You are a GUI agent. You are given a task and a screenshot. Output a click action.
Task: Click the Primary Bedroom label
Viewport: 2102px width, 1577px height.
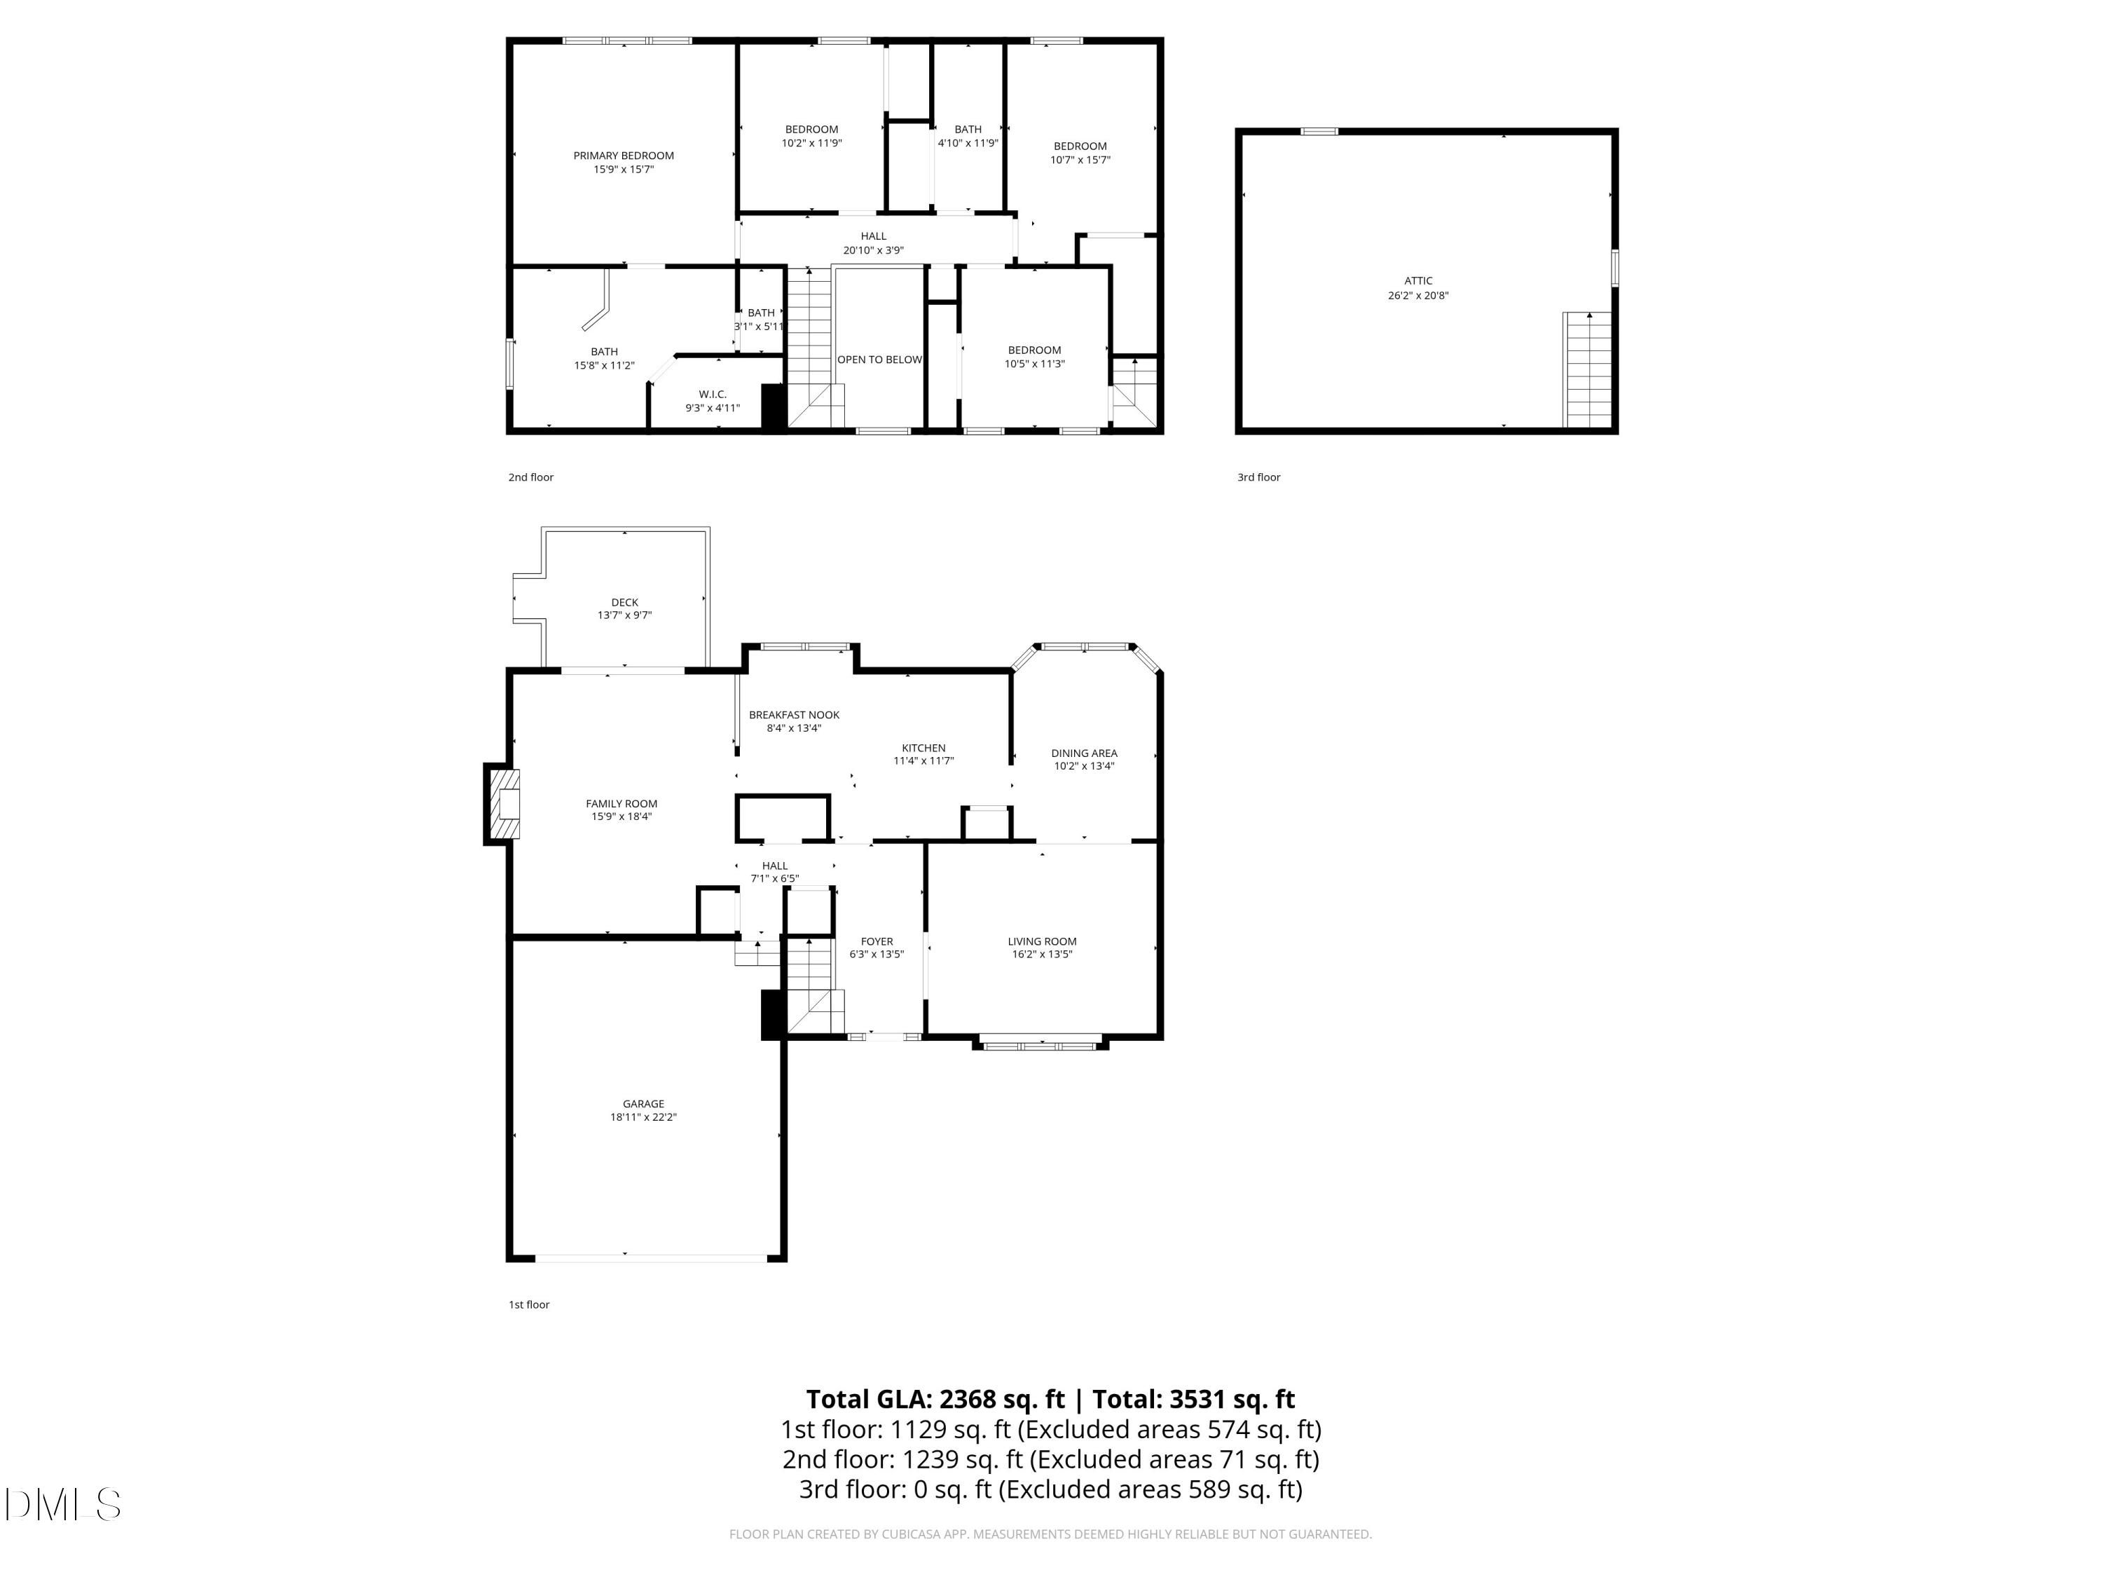tap(624, 156)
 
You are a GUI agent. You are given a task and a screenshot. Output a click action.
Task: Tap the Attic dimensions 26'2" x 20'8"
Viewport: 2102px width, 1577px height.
tap(1418, 296)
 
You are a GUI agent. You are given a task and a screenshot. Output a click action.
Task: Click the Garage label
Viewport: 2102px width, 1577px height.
tap(643, 1104)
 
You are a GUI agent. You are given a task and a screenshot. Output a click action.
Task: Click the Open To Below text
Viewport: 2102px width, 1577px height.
tap(879, 360)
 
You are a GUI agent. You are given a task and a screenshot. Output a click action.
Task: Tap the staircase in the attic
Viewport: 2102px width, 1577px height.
tap(1588, 371)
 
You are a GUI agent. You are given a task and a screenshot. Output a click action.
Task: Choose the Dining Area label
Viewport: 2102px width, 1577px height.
tap(1083, 753)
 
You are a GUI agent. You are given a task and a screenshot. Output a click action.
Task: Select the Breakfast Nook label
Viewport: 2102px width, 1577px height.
tap(793, 715)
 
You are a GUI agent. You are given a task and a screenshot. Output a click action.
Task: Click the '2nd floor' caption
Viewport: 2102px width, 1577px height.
tap(530, 477)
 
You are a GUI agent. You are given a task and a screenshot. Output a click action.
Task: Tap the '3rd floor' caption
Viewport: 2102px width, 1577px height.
tap(1258, 477)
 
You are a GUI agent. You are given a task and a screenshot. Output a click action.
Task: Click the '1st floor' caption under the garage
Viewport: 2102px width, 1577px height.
tap(528, 1304)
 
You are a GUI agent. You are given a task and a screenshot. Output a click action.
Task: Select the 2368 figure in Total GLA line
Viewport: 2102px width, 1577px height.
tap(968, 1399)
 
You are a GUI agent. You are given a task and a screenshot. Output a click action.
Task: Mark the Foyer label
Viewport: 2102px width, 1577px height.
tap(876, 942)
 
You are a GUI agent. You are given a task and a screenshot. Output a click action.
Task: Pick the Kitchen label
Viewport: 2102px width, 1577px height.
tap(923, 748)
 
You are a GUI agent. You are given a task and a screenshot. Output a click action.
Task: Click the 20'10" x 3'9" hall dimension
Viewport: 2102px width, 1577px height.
tap(872, 251)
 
